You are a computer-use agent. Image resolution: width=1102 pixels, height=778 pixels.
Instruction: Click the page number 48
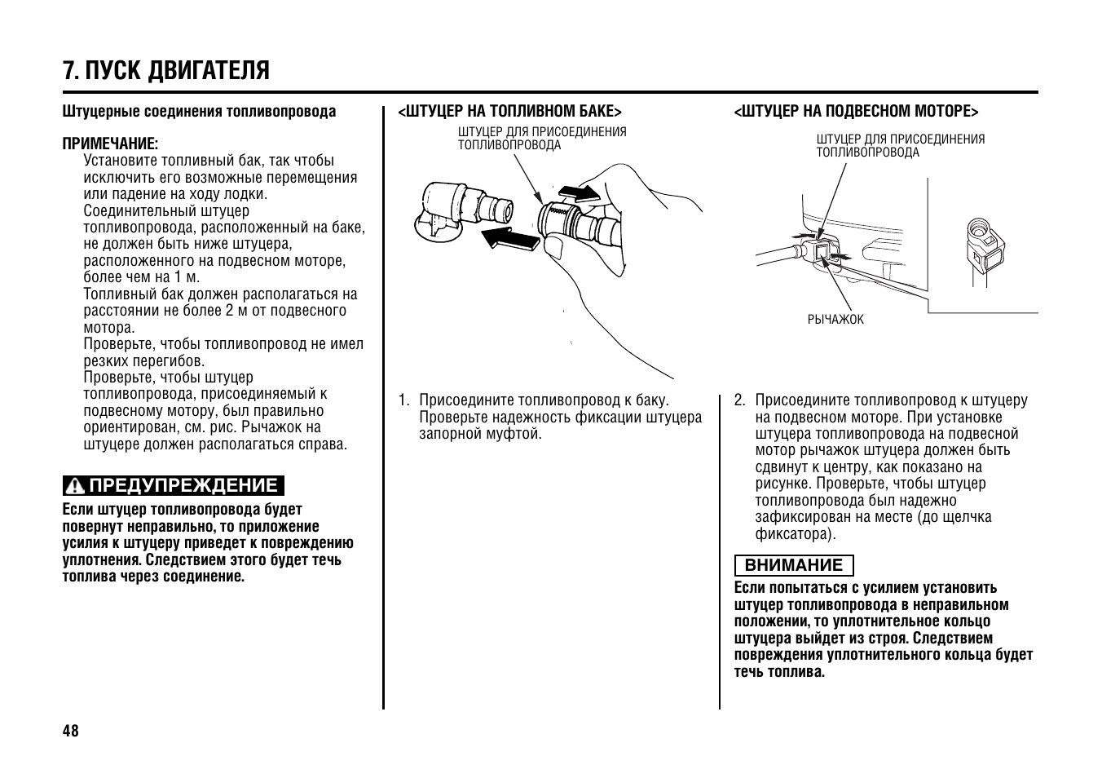tap(71, 730)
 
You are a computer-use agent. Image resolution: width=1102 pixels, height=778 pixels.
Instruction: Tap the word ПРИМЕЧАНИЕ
tap(110, 144)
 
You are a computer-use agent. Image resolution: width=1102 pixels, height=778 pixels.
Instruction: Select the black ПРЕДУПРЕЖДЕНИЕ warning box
tap(174, 486)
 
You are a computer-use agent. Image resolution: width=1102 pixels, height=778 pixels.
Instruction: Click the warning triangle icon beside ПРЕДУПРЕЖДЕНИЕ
tap(76, 487)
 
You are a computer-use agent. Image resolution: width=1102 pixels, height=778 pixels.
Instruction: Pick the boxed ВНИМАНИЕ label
tap(793, 565)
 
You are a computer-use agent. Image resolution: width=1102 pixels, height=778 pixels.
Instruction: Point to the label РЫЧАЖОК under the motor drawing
tap(835, 320)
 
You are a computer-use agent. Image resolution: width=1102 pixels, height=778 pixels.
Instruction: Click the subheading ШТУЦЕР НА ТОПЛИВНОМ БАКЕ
tap(509, 111)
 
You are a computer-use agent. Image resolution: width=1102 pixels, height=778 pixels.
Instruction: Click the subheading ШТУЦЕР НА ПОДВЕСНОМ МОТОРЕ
tap(856, 111)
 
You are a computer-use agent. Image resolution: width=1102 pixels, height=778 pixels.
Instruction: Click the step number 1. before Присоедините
tap(403, 400)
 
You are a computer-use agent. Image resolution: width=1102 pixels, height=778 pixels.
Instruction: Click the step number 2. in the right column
tap(739, 400)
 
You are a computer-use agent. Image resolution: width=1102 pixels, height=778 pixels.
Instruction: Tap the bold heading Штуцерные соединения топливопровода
tap(199, 112)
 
